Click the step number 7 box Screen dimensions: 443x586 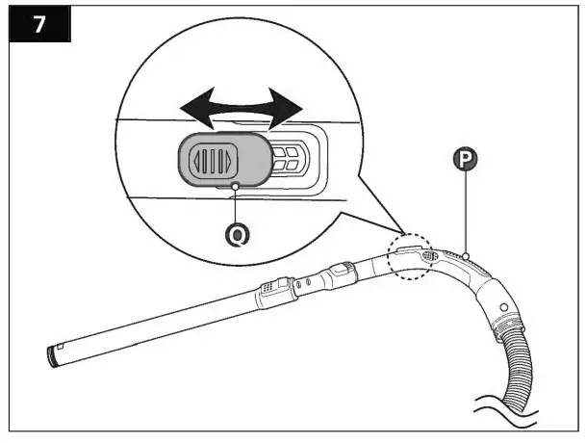click(38, 24)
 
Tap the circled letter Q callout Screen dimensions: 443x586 click(235, 231)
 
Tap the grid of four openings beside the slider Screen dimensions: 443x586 click(286, 159)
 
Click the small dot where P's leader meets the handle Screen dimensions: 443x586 click(466, 255)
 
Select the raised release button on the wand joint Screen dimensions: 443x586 click(344, 269)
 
